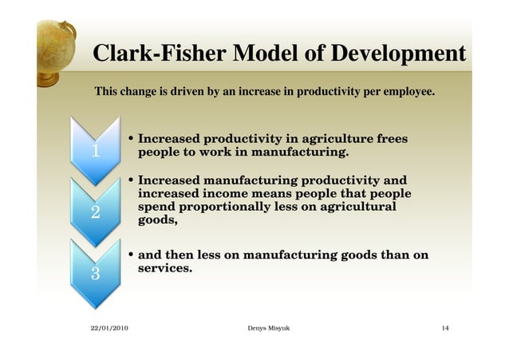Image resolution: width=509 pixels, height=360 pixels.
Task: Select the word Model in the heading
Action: (x=263, y=54)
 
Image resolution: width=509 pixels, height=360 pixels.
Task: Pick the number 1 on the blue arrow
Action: (x=95, y=152)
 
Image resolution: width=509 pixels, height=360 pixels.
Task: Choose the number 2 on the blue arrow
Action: (x=95, y=212)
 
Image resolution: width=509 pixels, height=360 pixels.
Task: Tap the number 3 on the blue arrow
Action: (x=95, y=274)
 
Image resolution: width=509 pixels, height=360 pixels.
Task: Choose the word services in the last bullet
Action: (x=165, y=269)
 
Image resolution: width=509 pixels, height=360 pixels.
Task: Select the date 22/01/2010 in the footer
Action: (x=109, y=329)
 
